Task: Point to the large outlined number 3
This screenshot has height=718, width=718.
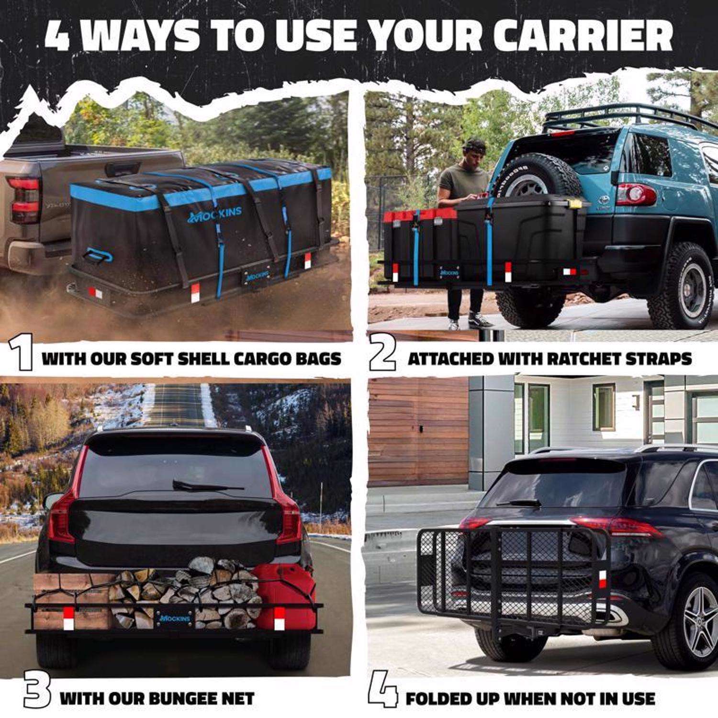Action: [36, 693]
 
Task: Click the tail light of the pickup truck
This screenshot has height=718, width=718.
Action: [23, 201]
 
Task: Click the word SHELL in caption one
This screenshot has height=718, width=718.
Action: [210, 359]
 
